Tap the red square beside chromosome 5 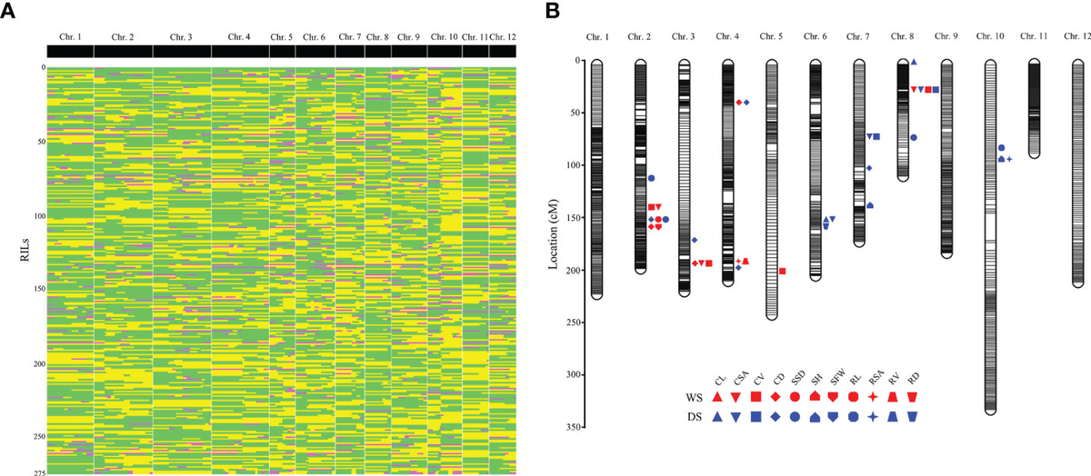(x=782, y=271)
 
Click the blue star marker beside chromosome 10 (x=1009, y=159)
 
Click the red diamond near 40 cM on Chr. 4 (x=738, y=102)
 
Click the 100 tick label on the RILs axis (x=35, y=216)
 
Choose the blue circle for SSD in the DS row (x=795, y=416)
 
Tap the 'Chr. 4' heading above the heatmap (x=240, y=37)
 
